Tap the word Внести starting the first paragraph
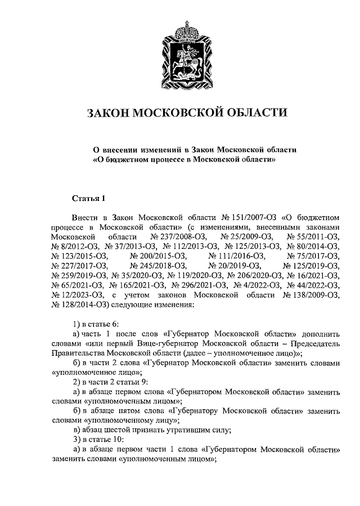[x=85, y=216]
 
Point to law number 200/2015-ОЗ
[x=157, y=256]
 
